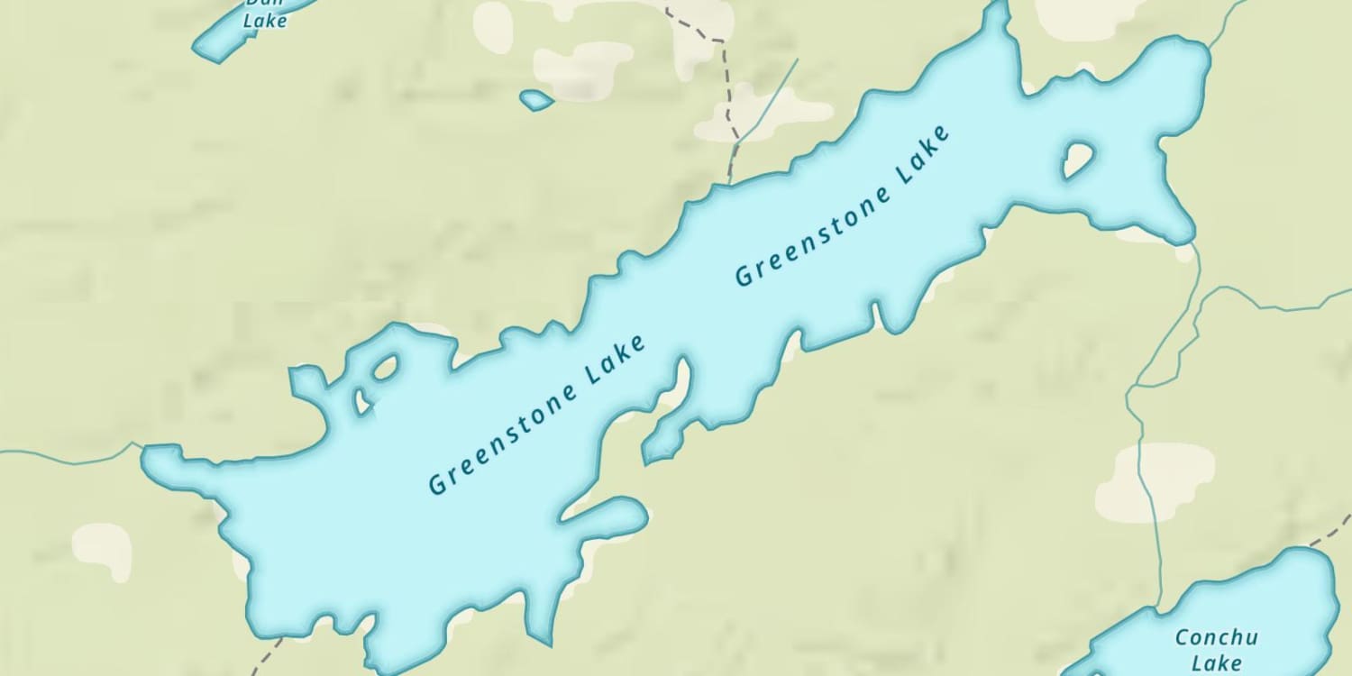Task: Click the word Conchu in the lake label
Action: tap(1216, 638)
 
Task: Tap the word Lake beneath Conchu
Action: tap(1216, 663)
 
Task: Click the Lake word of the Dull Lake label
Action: tap(265, 20)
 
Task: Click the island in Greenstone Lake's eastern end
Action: tap(1078, 160)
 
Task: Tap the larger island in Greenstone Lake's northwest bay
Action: tap(386, 367)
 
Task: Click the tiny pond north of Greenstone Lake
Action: tap(536, 100)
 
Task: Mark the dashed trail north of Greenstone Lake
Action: tap(725, 81)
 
